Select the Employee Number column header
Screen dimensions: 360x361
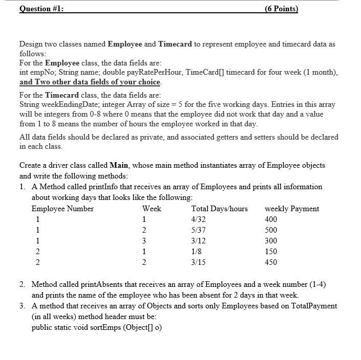62,209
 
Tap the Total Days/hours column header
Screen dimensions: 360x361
219,209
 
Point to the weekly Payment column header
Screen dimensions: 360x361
291,209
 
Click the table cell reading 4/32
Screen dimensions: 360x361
198,219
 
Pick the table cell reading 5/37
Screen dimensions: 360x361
198,230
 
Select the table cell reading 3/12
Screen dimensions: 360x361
198,241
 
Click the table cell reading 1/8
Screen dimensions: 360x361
196,252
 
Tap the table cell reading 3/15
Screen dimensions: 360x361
198,262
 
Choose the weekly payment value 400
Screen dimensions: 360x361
271,219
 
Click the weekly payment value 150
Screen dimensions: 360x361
271,252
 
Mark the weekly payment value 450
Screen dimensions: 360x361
271,262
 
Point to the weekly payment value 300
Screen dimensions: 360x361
271,241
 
